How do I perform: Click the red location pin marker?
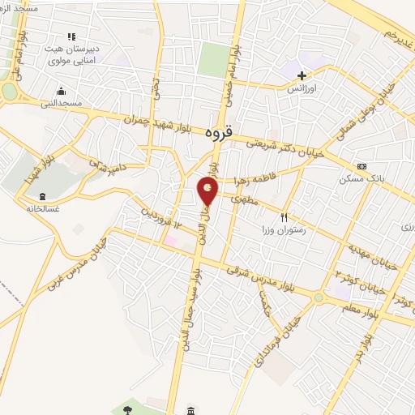(x=208, y=190)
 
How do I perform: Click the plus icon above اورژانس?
(x=302, y=75)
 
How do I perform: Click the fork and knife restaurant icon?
(x=284, y=216)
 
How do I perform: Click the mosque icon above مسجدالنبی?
(x=67, y=92)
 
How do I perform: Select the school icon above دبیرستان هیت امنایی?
(x=71, y=37)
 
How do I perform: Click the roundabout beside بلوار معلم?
(x=319, y=297)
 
